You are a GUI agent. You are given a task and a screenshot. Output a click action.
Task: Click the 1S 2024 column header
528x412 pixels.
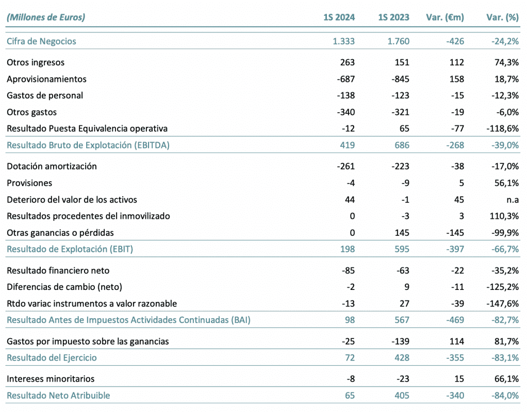339,17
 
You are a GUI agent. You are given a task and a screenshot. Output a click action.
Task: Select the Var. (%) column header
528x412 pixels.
502,17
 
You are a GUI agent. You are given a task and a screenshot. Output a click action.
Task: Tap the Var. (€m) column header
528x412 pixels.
445,17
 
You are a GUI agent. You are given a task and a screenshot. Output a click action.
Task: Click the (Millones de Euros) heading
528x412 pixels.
46,17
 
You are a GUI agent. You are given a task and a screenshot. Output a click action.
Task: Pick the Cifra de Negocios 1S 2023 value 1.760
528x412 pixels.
399,41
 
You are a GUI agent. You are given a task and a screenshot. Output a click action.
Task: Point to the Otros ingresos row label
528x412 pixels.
36,62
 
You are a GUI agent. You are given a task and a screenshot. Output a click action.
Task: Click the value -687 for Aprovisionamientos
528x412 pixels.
346,79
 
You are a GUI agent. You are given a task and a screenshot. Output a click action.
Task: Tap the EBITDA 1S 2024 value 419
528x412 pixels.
347,145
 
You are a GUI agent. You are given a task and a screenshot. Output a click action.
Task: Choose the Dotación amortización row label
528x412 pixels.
52,166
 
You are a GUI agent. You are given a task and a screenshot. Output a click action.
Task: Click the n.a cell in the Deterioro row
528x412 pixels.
513,200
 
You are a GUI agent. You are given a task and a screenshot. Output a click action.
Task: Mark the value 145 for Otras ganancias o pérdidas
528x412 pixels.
402,233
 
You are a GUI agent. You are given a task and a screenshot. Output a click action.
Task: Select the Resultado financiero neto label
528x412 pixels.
58,270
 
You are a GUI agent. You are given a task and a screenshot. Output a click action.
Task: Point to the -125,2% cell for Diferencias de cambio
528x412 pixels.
502,287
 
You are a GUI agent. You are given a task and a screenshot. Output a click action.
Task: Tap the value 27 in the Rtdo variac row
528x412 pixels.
404,304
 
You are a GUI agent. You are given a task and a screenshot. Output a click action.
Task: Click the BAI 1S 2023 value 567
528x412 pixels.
402,320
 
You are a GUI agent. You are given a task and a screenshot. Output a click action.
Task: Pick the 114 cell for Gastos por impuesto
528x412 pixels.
457,341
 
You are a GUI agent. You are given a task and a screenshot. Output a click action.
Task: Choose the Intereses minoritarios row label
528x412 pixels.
51,379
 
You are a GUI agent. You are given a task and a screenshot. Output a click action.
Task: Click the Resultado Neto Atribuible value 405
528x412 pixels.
402,396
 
